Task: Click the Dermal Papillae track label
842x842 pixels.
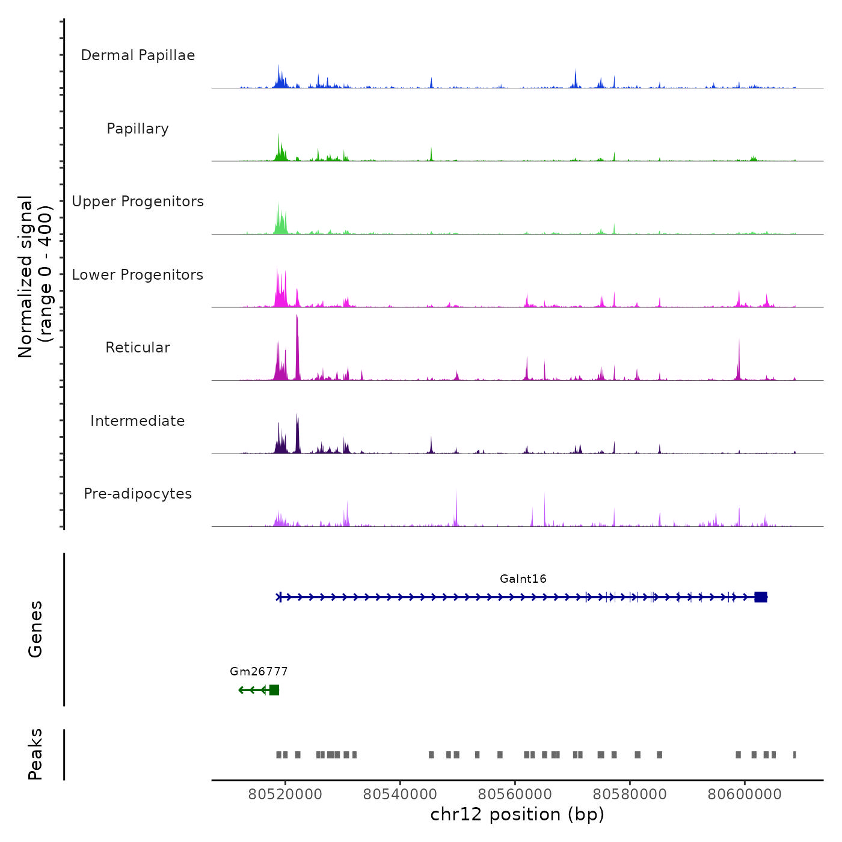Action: pyautogui.click(x=138, y=55)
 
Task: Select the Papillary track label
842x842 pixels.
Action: pyautogui.click(x=138, y=129)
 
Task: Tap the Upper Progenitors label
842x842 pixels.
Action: pyautogui.click(x=138, y=201)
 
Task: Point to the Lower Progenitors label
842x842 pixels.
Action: pyautogui.click(x=138, y=275)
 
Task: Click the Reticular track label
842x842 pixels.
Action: pyautogui.click(x=138, y=348)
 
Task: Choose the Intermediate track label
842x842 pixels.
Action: pyautogui.click(x=138, y=421)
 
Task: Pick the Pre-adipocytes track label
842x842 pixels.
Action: pyautogui.click(x=138, y=494)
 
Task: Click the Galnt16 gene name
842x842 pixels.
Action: pyautogui.click(x=523, y=579)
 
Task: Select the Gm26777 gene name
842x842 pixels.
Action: pyautogui.click(x=259, y=672)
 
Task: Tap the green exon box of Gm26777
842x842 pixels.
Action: pyautogui.click(x=274, y=690)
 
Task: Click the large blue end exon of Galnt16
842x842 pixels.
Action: pyautogui.click(x=761, y=597)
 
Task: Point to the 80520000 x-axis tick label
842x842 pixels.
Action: pyautogui.click(x=285, y=794)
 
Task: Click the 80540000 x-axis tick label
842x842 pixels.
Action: pyautogui.click(x=400, y=794)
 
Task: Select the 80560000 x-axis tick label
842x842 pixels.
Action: pyautogui.click(x=515, y=794)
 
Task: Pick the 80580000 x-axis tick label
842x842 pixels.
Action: pyautogui.click(x=630, y=794)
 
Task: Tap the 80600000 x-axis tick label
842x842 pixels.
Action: pyautogui.click(x=745, y=794)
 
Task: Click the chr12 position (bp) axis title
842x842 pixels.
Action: pyautogui.click(x=517, y=815)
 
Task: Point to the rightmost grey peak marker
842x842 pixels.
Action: pyautogui.click(x=794, y=755)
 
